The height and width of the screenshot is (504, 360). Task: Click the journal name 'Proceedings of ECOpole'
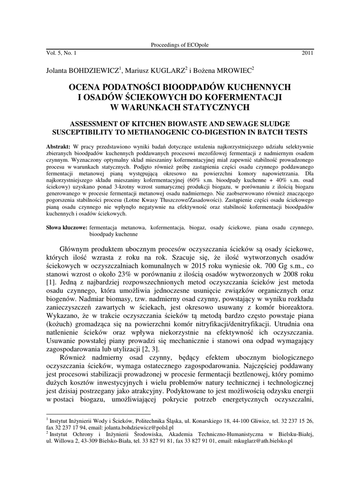tap(180, 45)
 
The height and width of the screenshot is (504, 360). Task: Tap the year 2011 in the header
tap(307, 52)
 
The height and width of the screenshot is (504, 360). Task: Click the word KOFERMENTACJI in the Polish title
tap(247, 96)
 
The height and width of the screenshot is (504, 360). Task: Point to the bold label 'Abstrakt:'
tap(59, 147)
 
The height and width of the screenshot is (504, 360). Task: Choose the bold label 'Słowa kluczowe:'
tap(67, 228)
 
